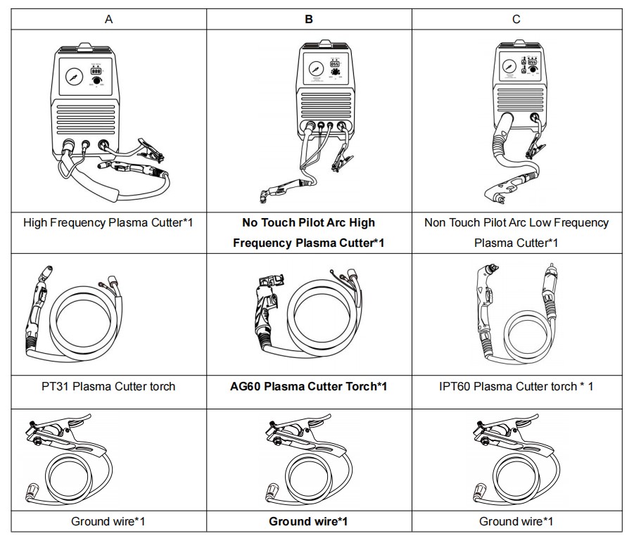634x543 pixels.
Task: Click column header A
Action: coord(108,19)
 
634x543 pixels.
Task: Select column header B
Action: coord(309,19)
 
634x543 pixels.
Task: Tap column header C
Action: coord(516,19)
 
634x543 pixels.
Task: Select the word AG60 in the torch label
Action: coord(247,386)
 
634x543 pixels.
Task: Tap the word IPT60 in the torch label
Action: coord(453,386)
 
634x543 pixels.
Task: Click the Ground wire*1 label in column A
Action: coord(108,521)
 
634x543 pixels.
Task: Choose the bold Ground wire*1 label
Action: coord(308,521)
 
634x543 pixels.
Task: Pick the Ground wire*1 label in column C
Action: coord(516,521)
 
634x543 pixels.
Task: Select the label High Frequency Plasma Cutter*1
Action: coord(108,222)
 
